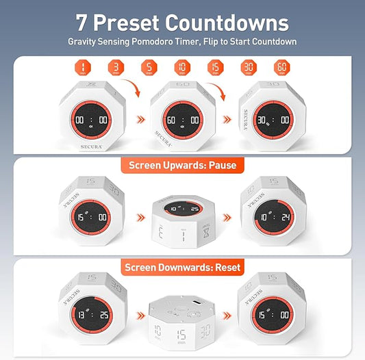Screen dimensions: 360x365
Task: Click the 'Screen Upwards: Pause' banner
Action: coord(183,166)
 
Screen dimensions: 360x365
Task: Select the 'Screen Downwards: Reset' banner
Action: coord(183,267)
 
